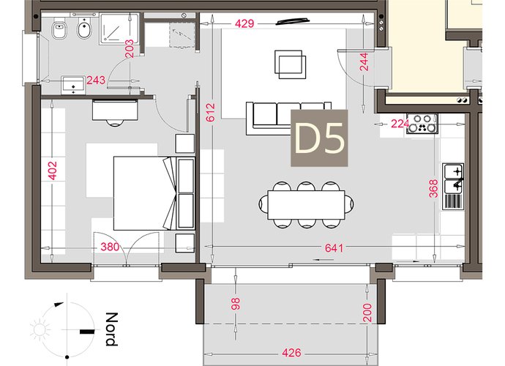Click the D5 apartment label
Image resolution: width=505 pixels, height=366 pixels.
tap(319, 138)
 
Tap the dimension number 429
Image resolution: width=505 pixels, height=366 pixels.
tap(244, 24)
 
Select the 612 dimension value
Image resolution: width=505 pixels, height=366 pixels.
tap(210, 113)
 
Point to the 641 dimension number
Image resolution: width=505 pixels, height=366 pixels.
tap(334, 247)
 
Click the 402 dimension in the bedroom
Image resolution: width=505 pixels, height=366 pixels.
tap(52, 171)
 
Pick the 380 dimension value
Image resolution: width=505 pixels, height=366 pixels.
tap(110, 247)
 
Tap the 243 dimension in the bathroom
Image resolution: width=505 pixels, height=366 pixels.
tap(96, 80)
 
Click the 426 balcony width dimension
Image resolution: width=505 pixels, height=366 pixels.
tap(291, 353)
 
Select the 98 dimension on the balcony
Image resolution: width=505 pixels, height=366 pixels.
tap(236, 304)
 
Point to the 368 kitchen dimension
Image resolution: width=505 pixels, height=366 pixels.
tap(434, 188)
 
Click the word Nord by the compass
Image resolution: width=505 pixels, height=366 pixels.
tap(111, 329)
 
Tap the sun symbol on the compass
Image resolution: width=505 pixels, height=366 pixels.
tap(40, 330)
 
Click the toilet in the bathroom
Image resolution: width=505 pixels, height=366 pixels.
tap(59, 29)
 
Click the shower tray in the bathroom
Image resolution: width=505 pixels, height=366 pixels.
tap(119, 29)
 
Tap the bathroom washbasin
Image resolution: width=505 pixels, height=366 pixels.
tap(74, 85)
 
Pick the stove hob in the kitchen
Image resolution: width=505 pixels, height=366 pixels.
tap(422, 124)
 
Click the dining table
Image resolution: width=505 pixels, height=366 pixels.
tap(306, 205)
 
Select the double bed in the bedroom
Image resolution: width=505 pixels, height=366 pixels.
tap(145, 193)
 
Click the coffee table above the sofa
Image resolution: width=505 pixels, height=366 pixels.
tap(290, 64)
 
